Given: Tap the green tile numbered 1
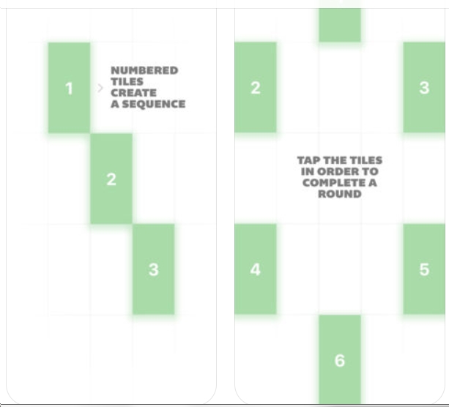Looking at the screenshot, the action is coord(69,88).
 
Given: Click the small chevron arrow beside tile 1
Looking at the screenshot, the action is coord(100,88).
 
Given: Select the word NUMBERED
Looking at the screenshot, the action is coord(144,70).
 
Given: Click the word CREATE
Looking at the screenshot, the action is coord(133,93).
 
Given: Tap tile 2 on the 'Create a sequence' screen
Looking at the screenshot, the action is coord(111,179).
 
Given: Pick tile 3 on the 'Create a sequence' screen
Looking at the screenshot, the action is coord(154,269).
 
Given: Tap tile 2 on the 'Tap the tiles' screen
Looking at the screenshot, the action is coord(256,87).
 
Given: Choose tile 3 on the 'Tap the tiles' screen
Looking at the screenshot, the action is coord(424,87).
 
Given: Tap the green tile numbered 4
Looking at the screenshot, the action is coord(256,269).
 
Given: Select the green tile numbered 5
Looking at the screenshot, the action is coord(424,269).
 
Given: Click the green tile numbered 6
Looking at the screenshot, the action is coord(340,359).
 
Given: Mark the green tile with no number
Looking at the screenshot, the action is coord(340,21).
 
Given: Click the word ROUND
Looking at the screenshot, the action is coord(340,194).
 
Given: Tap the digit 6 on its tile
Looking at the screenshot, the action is coord(340,360).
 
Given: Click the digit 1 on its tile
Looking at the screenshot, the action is coord(69,88).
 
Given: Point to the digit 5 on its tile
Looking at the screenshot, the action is coord(424,269).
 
